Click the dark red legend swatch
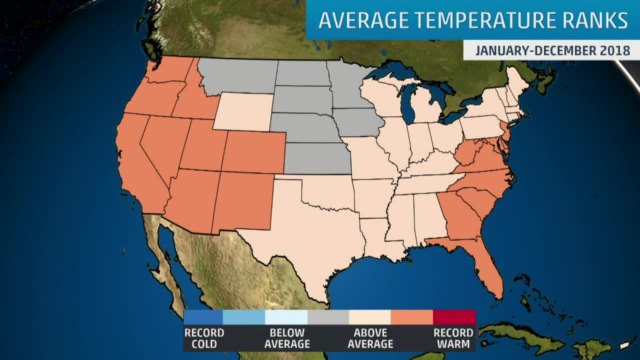pos(454,317)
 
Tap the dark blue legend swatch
pos(203,317)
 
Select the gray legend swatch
pos(328,317)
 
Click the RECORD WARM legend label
pos(453,338)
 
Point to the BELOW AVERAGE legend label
pos(286,338)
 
